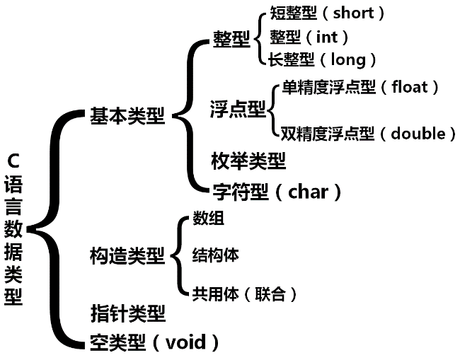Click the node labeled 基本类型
(x=127, y=116)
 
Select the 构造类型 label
(x=127, y=255)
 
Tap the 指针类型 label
(x=127, y=312)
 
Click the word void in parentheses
(x=185, y=343)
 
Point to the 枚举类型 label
(x=248, y=161)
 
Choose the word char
(x=309, y=192)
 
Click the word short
(x=359, y=13)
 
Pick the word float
(x=410, y=87)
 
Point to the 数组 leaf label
(x=208, y=219)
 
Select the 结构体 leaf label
(x=215, y=255)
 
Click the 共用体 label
(x=215, y=294)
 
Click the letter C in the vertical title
(x=13, y=161)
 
